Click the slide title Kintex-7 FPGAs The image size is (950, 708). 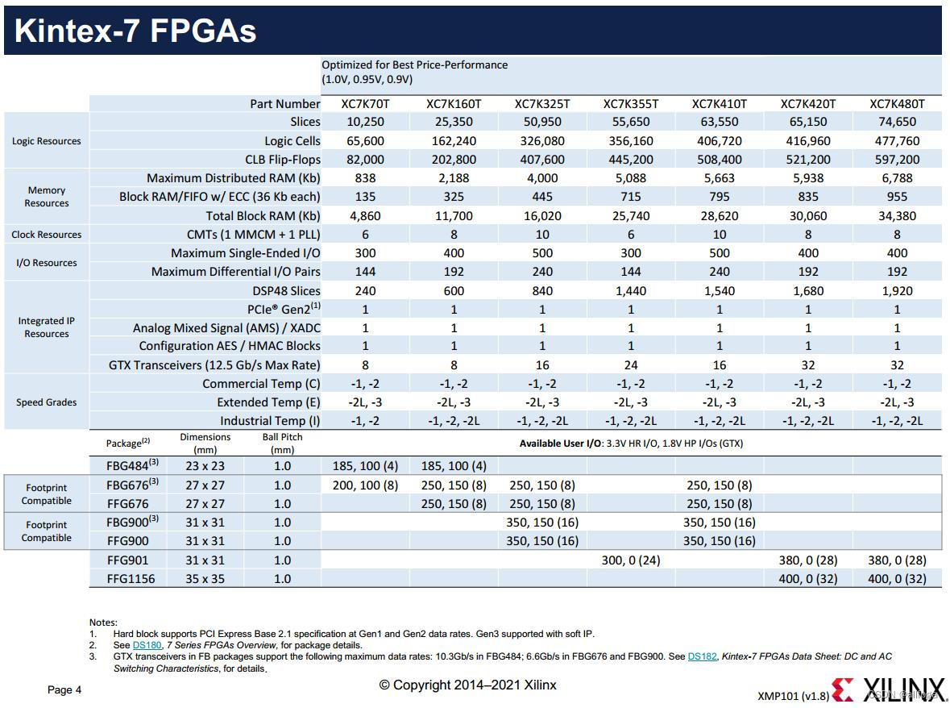pos(135,31)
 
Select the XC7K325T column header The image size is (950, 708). pos(541,104)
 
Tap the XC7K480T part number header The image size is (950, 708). pos(896,104)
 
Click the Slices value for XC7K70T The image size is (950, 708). pos(365,122)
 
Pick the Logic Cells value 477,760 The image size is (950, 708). pos(896,141)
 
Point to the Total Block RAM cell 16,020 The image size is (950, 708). pos(541,216)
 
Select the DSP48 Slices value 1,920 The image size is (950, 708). pos(896,291)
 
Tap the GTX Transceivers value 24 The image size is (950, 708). pos(630,365)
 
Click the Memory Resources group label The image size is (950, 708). pos(47,197)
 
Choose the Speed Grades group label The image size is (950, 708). pos(47,402)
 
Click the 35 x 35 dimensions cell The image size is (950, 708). pos(205,579)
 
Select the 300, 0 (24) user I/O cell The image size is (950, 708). pos(630,560)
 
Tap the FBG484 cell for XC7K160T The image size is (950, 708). pos(454,466)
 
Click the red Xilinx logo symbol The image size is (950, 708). pos(842,690)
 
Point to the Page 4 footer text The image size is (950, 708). pos(64,689)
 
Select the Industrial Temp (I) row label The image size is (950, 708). pos(270,421)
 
